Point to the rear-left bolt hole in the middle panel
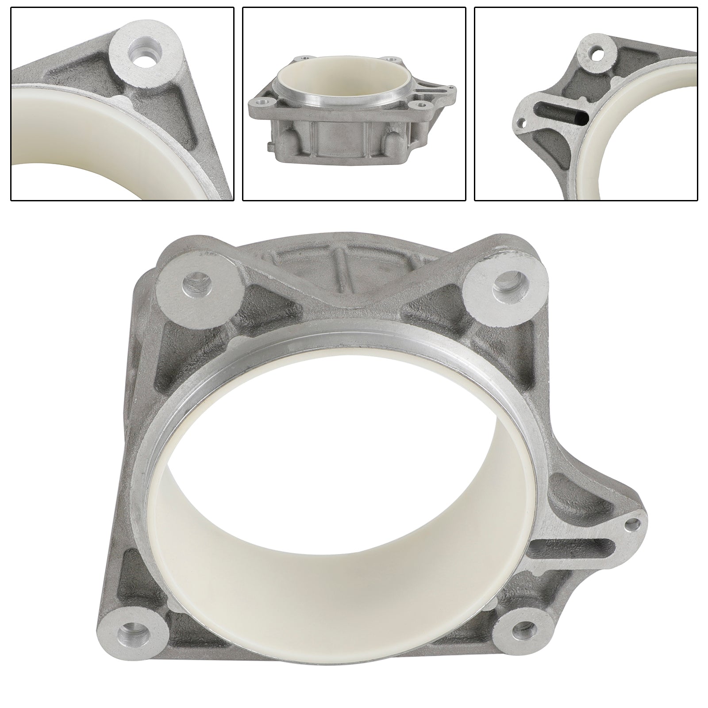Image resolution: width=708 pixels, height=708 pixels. tap(305, 57)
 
